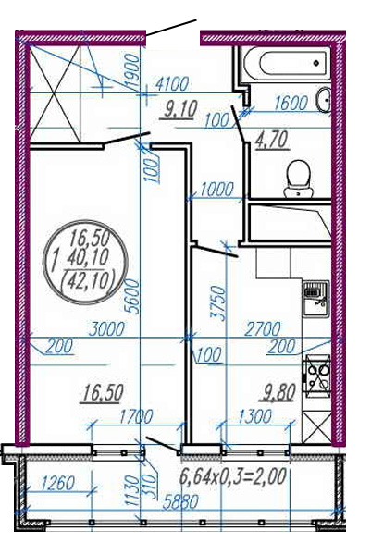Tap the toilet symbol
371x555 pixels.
coord(298,178)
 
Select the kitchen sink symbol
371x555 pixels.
coord(315,299)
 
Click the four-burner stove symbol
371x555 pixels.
coord(316,376)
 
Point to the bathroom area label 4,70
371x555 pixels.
coord(271,140)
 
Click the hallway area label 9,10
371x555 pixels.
coord(179,109)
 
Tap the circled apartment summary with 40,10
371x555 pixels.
coord(85,262)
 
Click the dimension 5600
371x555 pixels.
coord(134,296)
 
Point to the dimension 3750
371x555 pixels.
coord(217,303)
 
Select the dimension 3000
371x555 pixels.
coord(106,329)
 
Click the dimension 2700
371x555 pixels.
coord(263,329)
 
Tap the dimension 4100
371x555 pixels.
coord(172,84)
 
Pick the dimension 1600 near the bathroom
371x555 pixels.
coord(291,104)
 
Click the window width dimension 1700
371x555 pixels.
coord(136,416)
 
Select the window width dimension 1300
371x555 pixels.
coord(254,416)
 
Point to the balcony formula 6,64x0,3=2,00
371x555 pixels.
coord(232,476)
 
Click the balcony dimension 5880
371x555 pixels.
coord(180,501)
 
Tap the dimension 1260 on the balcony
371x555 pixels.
coord(57,483)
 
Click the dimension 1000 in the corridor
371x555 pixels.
coord(216,190)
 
